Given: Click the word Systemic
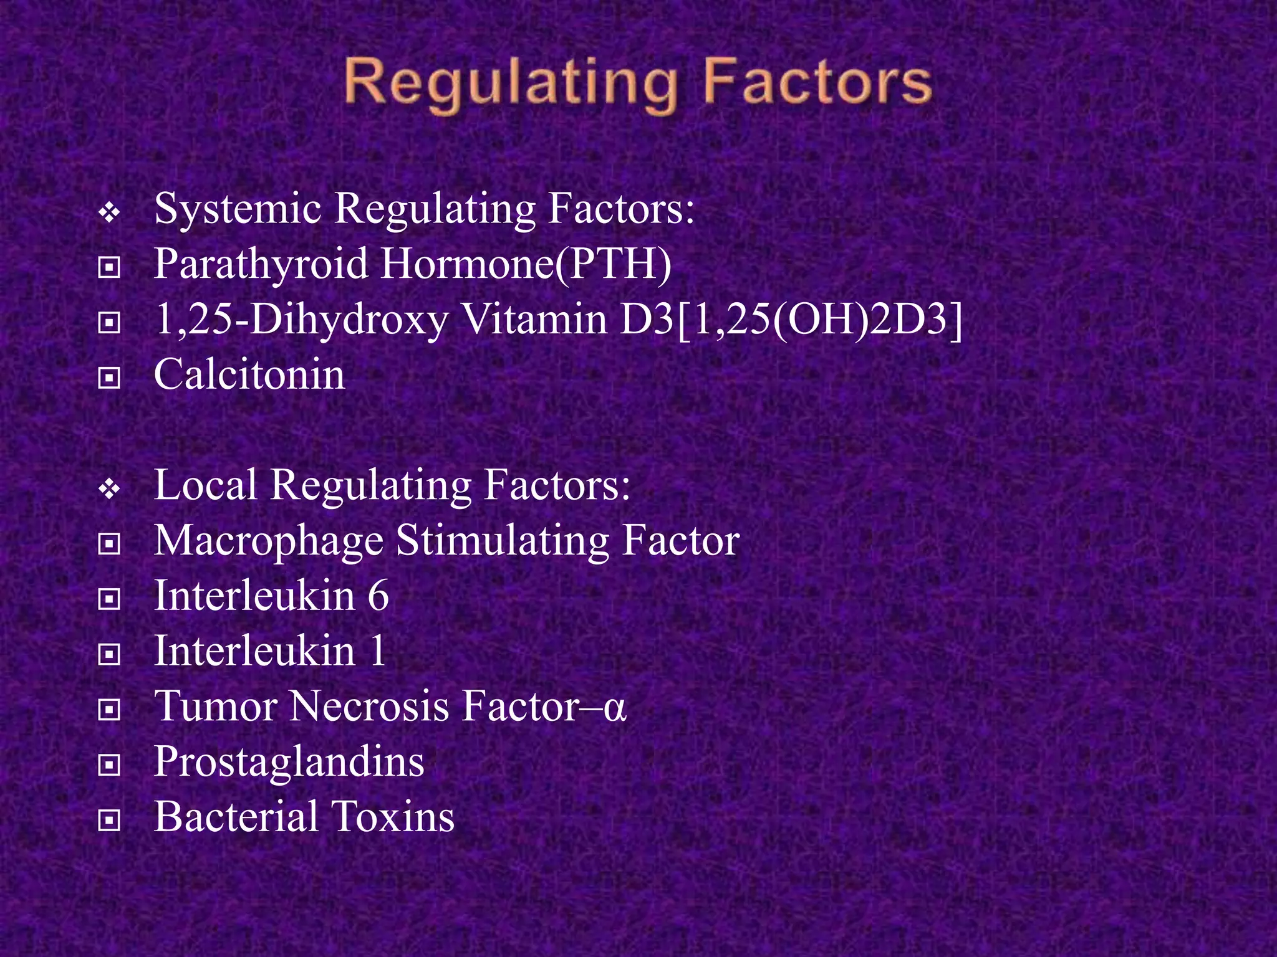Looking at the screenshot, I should [x=238, y=209].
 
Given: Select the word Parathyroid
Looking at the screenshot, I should [x=261, y=265].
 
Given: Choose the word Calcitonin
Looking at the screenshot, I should [x=249, y=375].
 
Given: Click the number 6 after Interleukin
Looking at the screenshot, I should [x=378, y=596].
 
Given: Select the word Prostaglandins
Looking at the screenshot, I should [x=289, y=762].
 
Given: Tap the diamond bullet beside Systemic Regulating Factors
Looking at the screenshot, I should [x=109, y=214].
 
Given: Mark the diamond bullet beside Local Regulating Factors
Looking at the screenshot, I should [x=109, y=490].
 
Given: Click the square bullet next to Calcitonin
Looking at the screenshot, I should [x=109, y=378].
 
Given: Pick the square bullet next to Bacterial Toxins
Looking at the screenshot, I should [x=109, y=820].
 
